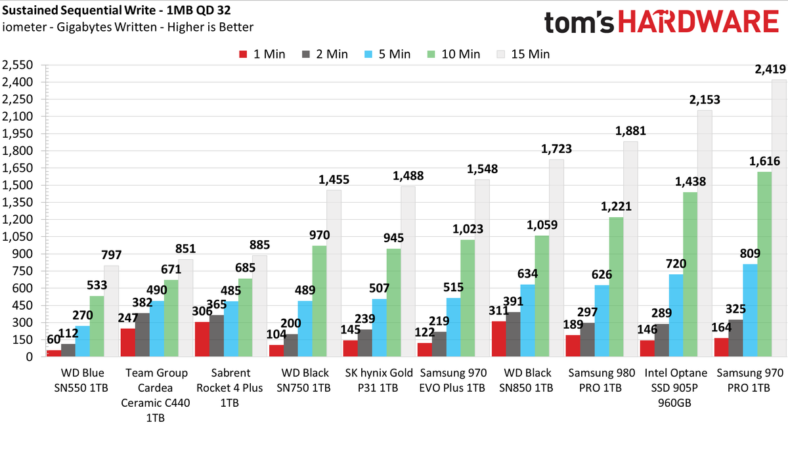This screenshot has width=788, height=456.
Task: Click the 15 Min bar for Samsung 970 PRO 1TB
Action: pyautogui.click(x=779, y=218)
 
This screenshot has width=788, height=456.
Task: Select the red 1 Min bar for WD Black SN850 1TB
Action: pyautogui.click(x=499, y=339)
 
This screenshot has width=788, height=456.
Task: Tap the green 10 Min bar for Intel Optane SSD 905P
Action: pyautogui.click(x=690, y=274)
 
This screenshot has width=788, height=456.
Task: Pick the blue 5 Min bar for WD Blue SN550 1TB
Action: pyautogui.click(x=82, y=341)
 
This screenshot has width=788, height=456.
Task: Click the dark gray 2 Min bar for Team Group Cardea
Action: pyautogui.click(x=142, y=335)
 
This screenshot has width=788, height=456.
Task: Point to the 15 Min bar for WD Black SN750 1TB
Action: pyautogui.click(x=334, y=274)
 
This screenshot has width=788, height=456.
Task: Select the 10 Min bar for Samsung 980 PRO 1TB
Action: pyautogui.click(x=617, y=287)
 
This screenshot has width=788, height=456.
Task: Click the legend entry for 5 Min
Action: pyautogui.click(x=387, y=54)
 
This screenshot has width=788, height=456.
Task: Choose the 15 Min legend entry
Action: pyautogui.click(x=523, y=54)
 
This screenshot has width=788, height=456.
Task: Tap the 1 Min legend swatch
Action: pyautogui.click(x=243, y=54)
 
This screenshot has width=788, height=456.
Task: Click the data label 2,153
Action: pyautogui.click(x=705, y=100)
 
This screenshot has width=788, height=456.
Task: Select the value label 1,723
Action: pyautogui.click(x=556, y=149)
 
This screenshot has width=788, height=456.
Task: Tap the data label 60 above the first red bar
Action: pyautogui.click(x=53, y=340)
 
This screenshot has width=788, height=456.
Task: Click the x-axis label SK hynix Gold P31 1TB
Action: pyautogui.click(x=378, y=380)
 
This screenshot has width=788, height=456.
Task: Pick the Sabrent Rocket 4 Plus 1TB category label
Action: pyautogui.click(x=230, y=388)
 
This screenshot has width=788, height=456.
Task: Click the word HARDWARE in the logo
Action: pyautogui.click(x=698, y=22)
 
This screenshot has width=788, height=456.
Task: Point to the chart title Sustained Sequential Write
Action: pyautogui.click(x=79, y=10)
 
